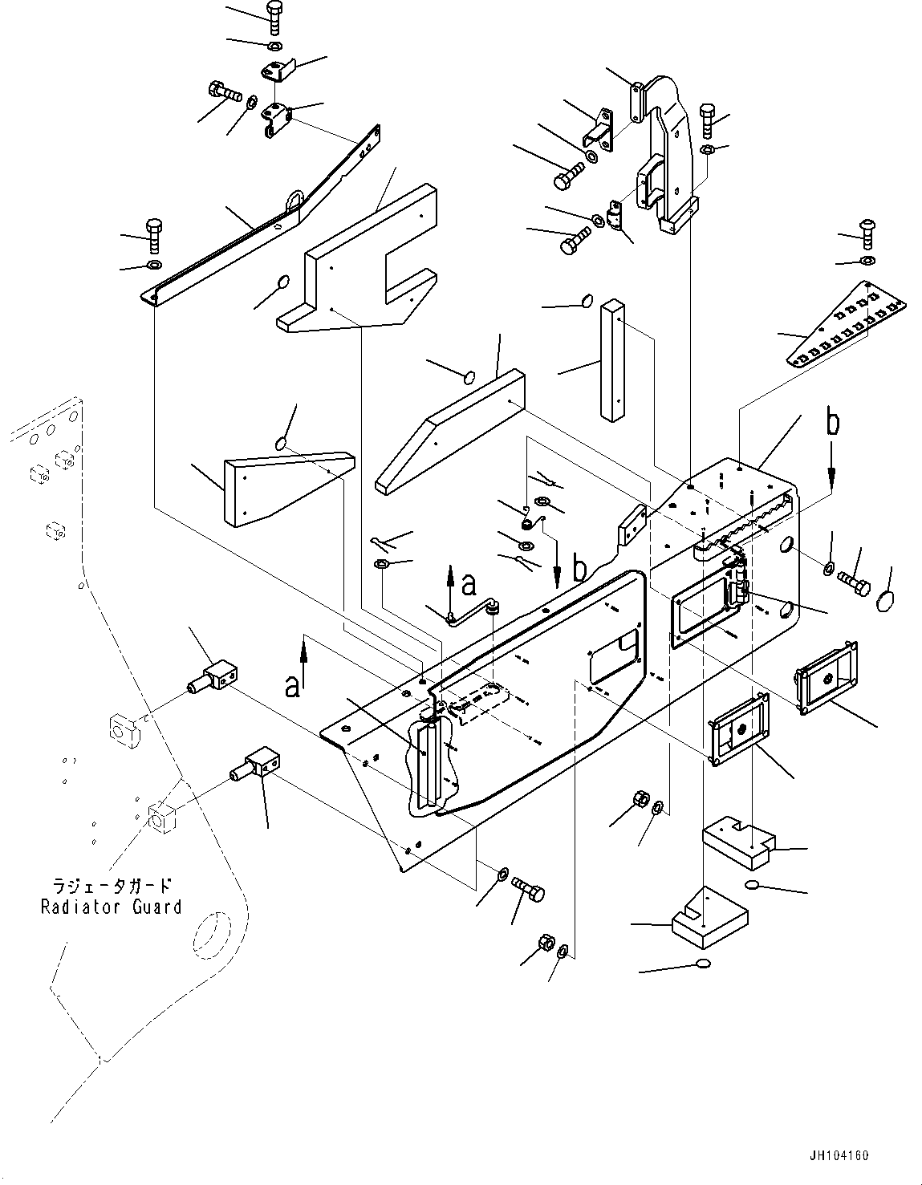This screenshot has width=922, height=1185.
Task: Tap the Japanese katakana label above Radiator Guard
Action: point(112,887)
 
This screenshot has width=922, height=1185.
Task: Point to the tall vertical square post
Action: point(611,359)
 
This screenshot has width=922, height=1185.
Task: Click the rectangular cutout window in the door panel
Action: point(613,654)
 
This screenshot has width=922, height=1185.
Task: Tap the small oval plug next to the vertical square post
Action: point(586,302)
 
